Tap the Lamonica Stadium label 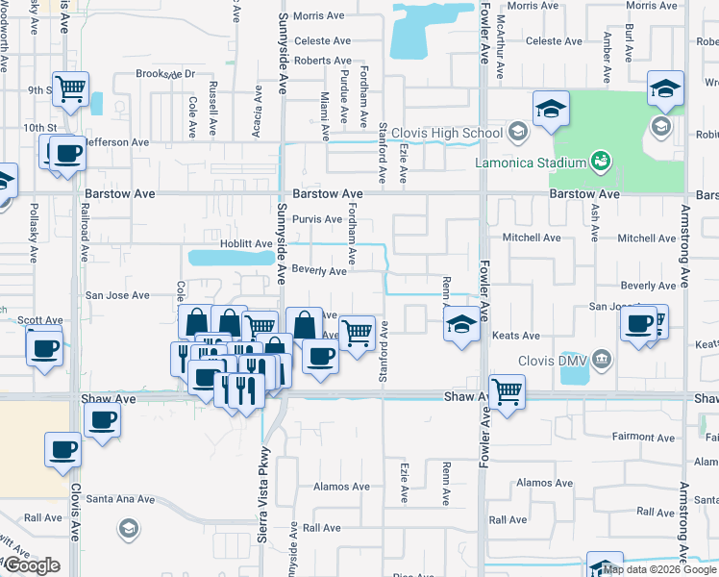click(532, 162)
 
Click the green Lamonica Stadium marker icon click(602, 158)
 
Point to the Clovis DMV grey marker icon click(602, 361)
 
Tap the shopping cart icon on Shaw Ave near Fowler click(507, 390)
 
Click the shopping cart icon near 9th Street click(70, 88)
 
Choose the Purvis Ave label click(317, 219)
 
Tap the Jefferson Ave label click(116, 142)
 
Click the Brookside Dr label click(165, 74)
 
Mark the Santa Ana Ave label click(120, 499)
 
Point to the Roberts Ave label click(323, 61)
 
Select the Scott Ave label click(40, 320)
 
